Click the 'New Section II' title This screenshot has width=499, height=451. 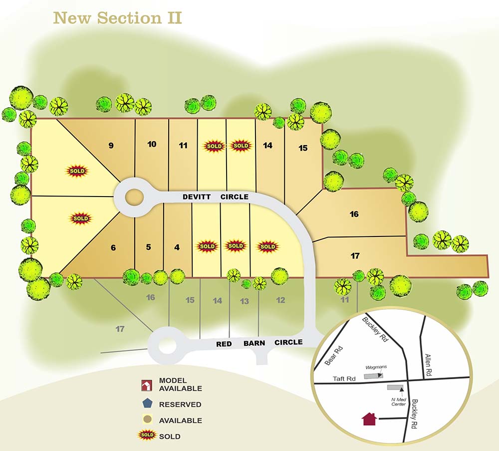point(117,18)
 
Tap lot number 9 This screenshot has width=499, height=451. point(111,146)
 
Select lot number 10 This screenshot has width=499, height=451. point(152,144)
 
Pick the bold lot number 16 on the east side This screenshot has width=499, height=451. point(354,214)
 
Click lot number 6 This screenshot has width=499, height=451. point(113,247)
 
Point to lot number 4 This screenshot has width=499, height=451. point(177,247)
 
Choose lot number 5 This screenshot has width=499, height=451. point(148,247)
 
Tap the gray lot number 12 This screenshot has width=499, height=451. point(280,300)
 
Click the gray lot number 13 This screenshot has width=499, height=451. point(245,301)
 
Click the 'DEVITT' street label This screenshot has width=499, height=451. point(197,197)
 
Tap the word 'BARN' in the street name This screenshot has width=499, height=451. point(254,343)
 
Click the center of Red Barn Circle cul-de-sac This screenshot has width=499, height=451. point(167,345)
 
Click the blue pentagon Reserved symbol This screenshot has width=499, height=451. point(147,404)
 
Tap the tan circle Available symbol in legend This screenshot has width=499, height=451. point(147,420)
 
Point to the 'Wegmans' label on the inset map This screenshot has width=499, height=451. point(376,367)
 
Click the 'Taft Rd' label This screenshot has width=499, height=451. point(344,379)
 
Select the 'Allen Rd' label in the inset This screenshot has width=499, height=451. point(428,365)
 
